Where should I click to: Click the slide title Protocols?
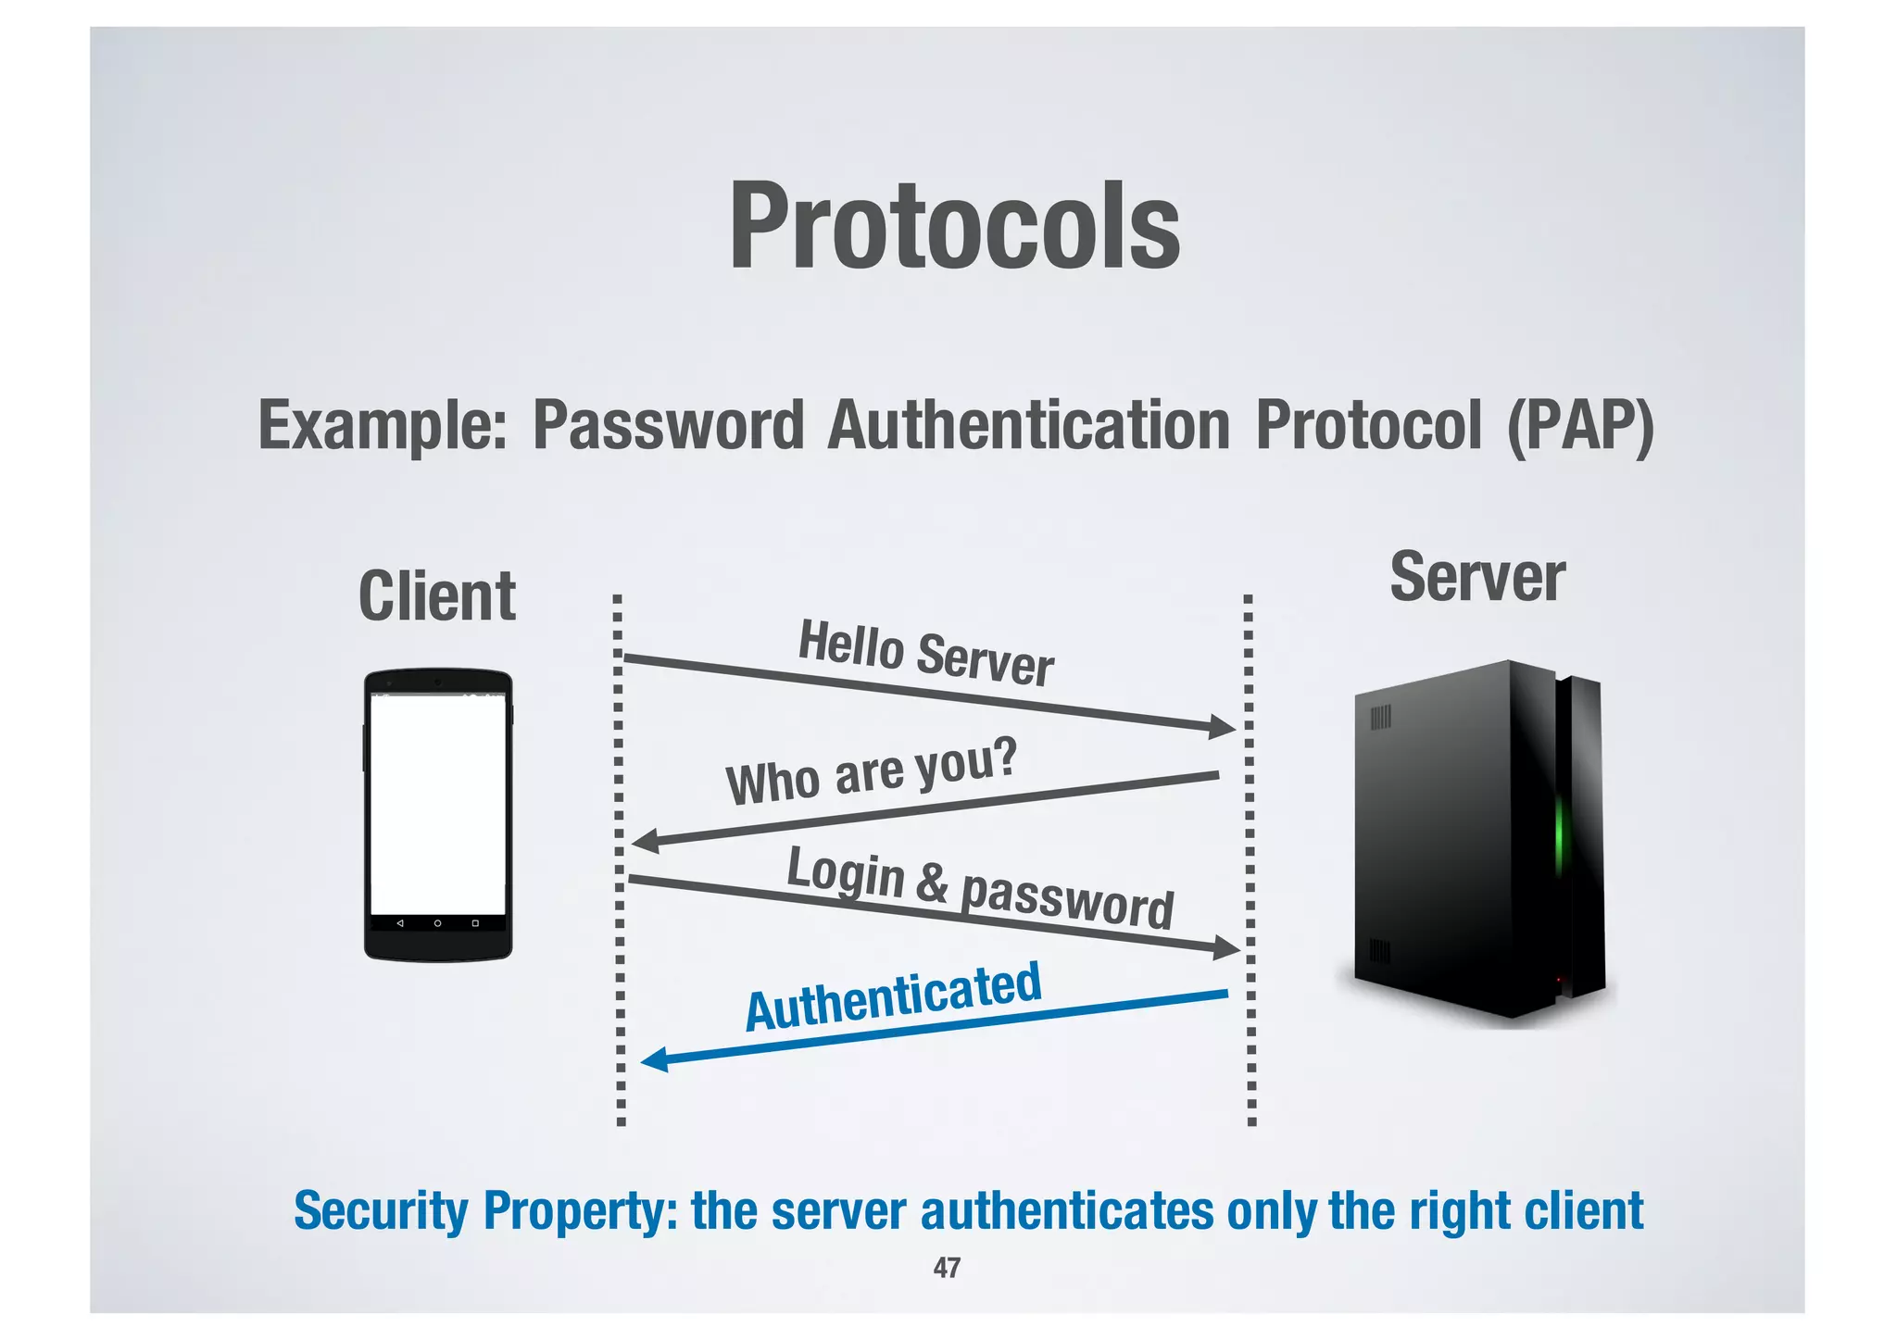[954, 227]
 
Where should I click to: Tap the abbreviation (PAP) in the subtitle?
[1579, 426]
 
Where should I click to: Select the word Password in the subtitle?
[668, 426]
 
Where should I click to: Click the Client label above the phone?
[437, 597]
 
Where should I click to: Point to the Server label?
[1477, 578]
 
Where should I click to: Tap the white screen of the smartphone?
[438, 804]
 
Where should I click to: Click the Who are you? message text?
[872, 771]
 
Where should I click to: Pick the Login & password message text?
[980, 887]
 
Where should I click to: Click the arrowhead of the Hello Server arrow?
[1224, 727]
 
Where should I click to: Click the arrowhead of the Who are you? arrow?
[645, 841]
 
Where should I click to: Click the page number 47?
[947, 1267]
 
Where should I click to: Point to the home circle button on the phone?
[437, 923]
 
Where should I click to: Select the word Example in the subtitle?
[382, 426]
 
